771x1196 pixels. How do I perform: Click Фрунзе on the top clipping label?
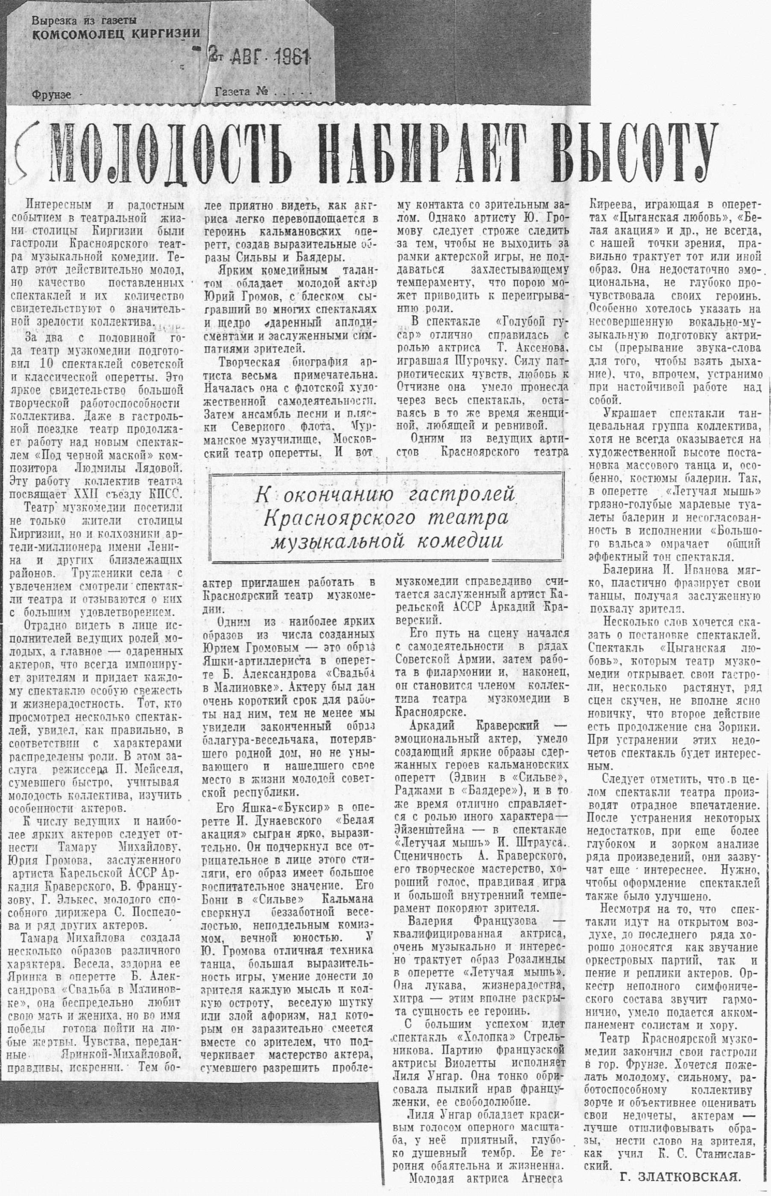click(x=50, y=94)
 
